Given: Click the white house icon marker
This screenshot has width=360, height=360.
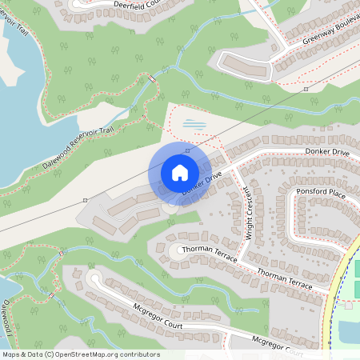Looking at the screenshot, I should (180, 173).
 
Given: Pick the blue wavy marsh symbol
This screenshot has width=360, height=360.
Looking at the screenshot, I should (194, 124).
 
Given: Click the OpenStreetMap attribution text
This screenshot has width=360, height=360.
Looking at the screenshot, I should (80, 354).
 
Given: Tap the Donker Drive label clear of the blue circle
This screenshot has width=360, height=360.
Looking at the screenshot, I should (327, 151).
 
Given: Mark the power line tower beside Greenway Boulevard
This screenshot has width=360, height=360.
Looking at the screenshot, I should (306, 90).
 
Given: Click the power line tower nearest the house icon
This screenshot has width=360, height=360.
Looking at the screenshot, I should (187, 150).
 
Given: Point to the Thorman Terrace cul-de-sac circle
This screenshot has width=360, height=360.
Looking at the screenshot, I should (174, 250).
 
